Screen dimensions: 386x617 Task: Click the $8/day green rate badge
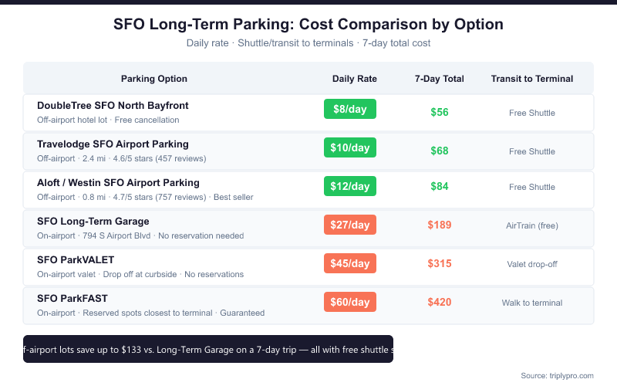pyautogui.click(x=349, y=109)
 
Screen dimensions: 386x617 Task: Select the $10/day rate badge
pyautogui.click(x=349, y=147)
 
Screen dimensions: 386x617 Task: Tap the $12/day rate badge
pyautogui.click(x=349, y=186)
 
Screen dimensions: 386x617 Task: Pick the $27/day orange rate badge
pyautogui.click(x=349, y=225)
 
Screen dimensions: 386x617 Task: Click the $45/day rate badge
pyautogui.click(x=349, y=263)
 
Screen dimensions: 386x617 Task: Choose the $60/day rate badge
pyautogui.click(x=349, y=302)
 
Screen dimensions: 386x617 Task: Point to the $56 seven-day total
pyautogui.click(x=439, y=112)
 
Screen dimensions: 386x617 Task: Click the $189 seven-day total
pyautogui.click(x=439, y=225)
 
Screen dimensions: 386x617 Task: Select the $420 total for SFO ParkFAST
pyautogui.click(x=439, y=302)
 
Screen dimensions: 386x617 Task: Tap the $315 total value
pyautogui.click(x=439, y=263)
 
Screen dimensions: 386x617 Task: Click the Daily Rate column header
pyautogui.click(x=354, y=79)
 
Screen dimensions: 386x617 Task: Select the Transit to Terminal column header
pyautogui.click(x=531, y=79)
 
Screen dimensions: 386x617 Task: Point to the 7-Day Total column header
pyautogui.click(x=439, y=79)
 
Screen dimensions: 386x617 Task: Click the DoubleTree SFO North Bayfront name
pyautogui.click(x=113, y=105)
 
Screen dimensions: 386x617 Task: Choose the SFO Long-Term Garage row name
pyautogui.click(x=93, y=221)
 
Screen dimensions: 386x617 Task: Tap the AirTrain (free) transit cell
pyautogui.click(x=531, y=225)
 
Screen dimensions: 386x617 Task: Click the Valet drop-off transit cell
pyautogui.click(x=531, y=264)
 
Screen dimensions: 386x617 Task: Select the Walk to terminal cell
pyautogui.click(x=531, y=303)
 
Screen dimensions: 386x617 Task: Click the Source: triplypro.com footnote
pyautogui.click(x=557, y=375)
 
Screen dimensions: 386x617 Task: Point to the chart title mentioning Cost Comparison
pyautogui.click(x=308, y=24)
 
